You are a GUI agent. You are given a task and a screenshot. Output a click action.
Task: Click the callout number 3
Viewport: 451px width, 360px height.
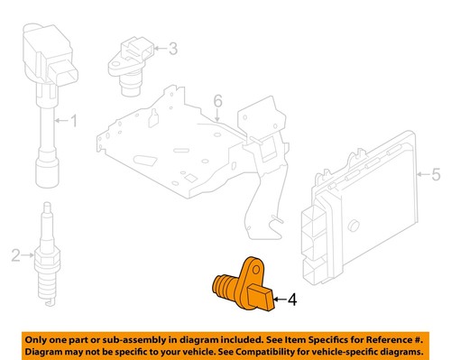pyautogui.click(x=172, y=49)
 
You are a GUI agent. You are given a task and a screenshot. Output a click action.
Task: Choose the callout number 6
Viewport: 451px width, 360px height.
pyautogui.click(x=216, y=100)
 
